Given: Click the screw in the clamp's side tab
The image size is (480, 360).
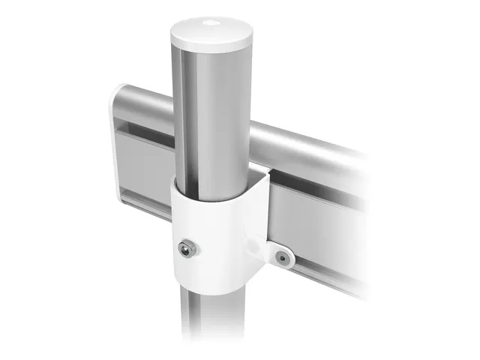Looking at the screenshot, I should (282, 257).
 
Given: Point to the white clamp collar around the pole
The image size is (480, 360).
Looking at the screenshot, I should (217, 240).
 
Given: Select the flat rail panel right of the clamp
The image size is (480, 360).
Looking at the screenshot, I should (315, 217).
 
